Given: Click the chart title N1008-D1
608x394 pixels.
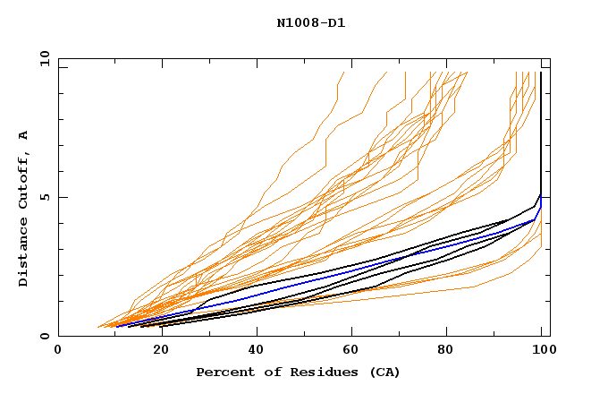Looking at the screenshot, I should [312, 22].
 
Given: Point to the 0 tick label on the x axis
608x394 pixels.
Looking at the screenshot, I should [58, 350].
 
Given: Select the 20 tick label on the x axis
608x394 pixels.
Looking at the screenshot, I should [156, 350].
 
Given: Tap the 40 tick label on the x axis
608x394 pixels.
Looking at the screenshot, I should [252, 350].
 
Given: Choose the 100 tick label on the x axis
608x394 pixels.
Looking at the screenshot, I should [540, 350].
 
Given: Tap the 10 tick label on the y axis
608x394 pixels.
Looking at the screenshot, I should [42, 57].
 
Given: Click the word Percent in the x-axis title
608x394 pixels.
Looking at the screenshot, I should [224, 372].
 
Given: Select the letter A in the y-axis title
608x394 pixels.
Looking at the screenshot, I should [24, 135].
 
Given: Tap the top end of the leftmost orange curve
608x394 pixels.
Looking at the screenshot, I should [343, 73].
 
